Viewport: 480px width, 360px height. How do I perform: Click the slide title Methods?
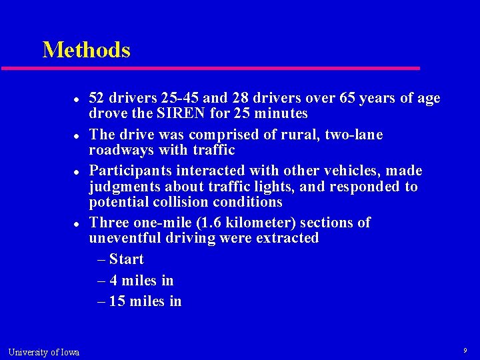pyautogui.click(x=86, y=50)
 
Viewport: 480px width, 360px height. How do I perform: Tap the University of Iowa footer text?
pyautogui.click(x=43, y=352)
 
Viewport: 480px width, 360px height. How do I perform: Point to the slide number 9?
pyautogui.click(x=465, y=351)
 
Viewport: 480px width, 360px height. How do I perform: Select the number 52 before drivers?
pyautogui.click(x=97, y=98)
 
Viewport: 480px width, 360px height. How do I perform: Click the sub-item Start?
pyautogui.click(x=126, y=259)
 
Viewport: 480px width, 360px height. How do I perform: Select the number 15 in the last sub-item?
pyautogui.click(x=117, y=301)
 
